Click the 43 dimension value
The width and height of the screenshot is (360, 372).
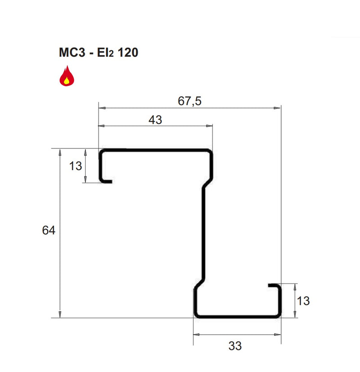click(x=154, y=120)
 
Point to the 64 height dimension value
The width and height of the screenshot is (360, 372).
click(x=48, y=231)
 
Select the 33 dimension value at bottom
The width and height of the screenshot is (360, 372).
click(x=235, y=346)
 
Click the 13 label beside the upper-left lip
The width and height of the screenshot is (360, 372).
click(x=76, y=166)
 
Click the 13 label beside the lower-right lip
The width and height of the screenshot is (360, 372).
click(x=303, y=301)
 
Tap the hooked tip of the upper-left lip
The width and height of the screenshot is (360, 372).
click(x=110, y=181)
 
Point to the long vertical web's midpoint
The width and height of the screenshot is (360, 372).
click(x=203, y=233)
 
